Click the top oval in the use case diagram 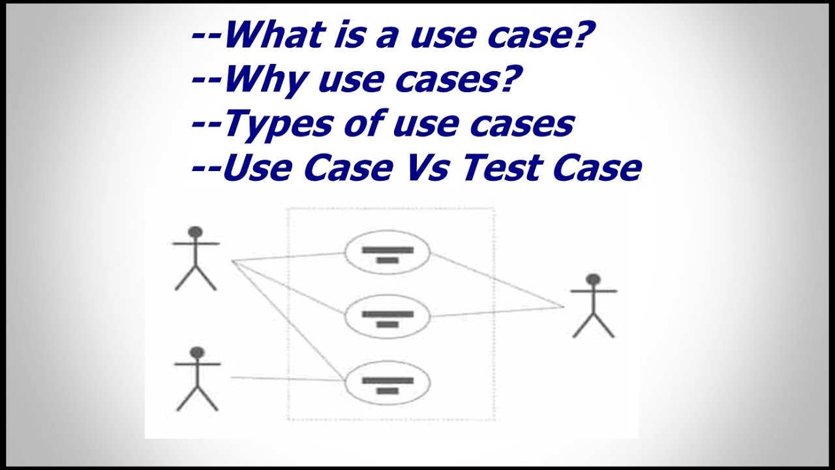(387, 253)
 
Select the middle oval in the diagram (387, 317)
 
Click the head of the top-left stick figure (195, 232)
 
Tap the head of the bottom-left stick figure (196, 352)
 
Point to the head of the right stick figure (593, 279)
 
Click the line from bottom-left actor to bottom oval (287, 378)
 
